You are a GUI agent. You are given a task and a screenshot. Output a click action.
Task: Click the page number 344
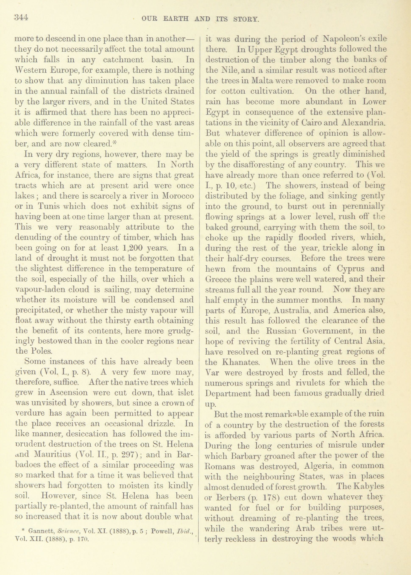[x=21, y=18]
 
